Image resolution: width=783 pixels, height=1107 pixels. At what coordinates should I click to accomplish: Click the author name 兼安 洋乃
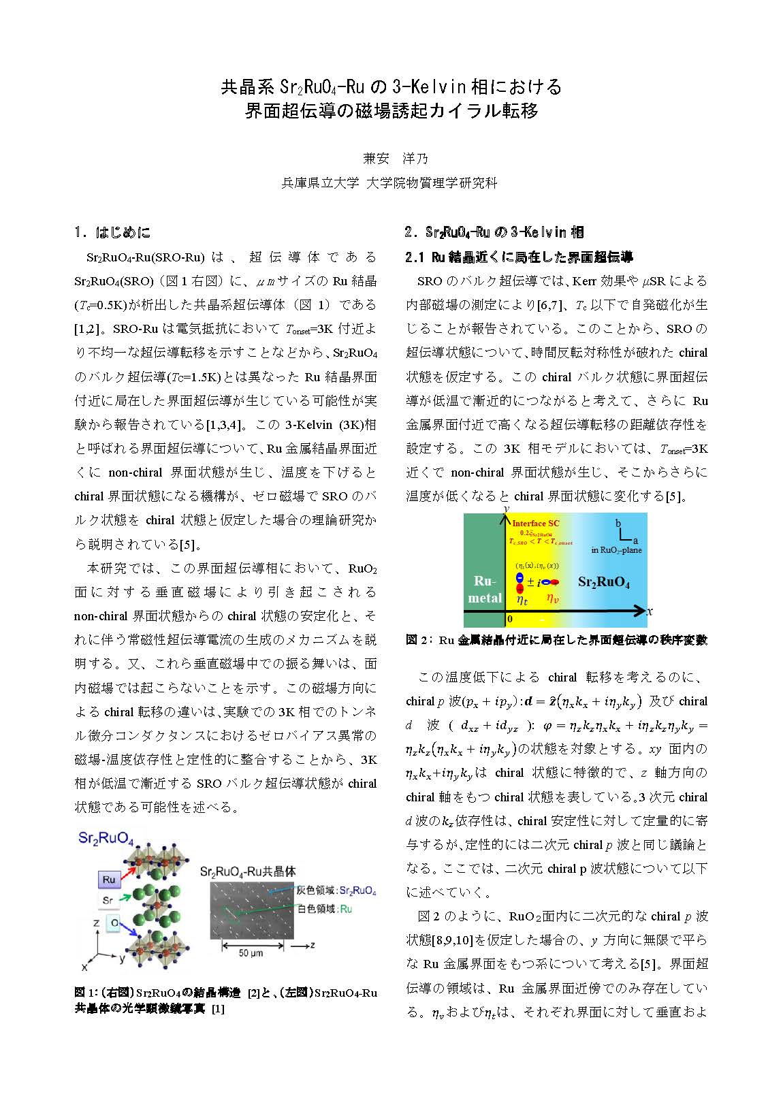(x=396, y=159)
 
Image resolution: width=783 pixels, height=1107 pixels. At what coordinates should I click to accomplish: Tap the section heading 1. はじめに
(x=113, y=232)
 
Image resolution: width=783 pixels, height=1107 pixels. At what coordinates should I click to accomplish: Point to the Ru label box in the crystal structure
(x=109, y=880)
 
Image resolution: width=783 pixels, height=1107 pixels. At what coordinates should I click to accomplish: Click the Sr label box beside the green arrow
(x=108, y=900)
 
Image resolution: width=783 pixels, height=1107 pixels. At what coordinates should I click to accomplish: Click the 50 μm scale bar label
(x=251, y=953)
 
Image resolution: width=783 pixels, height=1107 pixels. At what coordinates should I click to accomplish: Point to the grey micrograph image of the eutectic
(x=251, y=910)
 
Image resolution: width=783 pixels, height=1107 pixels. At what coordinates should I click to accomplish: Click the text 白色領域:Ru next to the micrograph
(x=325, y=909)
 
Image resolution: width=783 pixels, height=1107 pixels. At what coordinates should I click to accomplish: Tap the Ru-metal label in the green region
(x=485, y=590)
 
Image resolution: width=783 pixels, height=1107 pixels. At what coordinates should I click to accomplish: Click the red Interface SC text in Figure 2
(x=535, y=523)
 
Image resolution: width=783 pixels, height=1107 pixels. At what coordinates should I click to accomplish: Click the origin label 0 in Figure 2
(x=509, y=619)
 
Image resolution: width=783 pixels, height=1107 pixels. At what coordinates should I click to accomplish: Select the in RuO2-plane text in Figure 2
(x=616, y=550)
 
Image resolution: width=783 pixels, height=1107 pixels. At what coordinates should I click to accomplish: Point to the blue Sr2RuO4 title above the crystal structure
(x=106, y=837)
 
